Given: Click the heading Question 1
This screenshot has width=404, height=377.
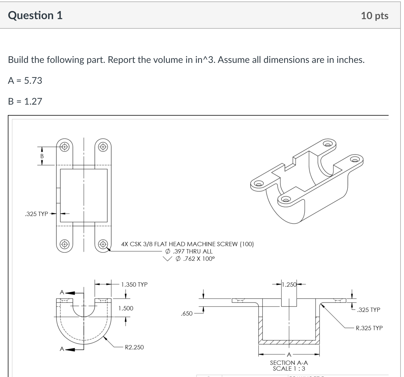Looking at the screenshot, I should pyautogui.click(x=35, y=15).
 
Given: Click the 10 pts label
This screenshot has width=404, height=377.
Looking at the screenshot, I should pyautogui.click(x=374, y=16).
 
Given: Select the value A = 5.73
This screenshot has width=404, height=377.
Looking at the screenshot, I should pyautogui.click(x=25, y=81).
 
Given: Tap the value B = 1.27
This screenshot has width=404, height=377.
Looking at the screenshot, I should pyautogui.click(x=25, y=101).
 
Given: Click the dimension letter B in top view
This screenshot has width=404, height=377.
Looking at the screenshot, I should pyautogui.click(x=42, y=156).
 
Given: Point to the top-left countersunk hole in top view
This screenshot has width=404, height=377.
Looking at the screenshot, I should pyautogui.click(x=65, y=147).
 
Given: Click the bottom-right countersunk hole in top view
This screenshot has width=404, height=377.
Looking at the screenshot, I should pyautogui.click(x=103, y=244).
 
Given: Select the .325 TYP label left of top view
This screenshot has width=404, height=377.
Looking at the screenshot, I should pyautogui.click(x=37, y=214).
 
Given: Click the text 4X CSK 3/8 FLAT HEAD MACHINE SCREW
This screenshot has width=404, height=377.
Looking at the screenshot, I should pyautogui.click(x=187, y=244).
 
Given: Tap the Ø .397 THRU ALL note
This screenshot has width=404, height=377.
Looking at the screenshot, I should pyautogui.click(x=189, y=252).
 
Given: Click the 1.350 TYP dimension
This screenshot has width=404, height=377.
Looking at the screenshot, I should pyautogui.click(x=134, y=285).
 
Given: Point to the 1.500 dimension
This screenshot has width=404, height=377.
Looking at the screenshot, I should pyautogui.click(x=126, y=308).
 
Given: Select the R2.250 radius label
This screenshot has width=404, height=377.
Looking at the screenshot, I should pyautogui.click(x=134, y=347).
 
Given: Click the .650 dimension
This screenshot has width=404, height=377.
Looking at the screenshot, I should pyautogui.click(x=186, y=314).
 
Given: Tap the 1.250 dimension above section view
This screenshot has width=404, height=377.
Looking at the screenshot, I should pyautogui.click(x=289, y=285).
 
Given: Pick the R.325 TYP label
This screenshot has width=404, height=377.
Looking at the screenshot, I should pyautogui.click(x=369, y=328).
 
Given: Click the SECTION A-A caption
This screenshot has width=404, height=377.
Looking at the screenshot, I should pyautogui.click(x=289, y=363).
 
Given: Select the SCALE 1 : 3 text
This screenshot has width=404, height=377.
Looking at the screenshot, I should pyautogui.click(x=289, y=369).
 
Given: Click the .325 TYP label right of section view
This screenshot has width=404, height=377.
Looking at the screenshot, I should pyautogui.click(x=369, y=310).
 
